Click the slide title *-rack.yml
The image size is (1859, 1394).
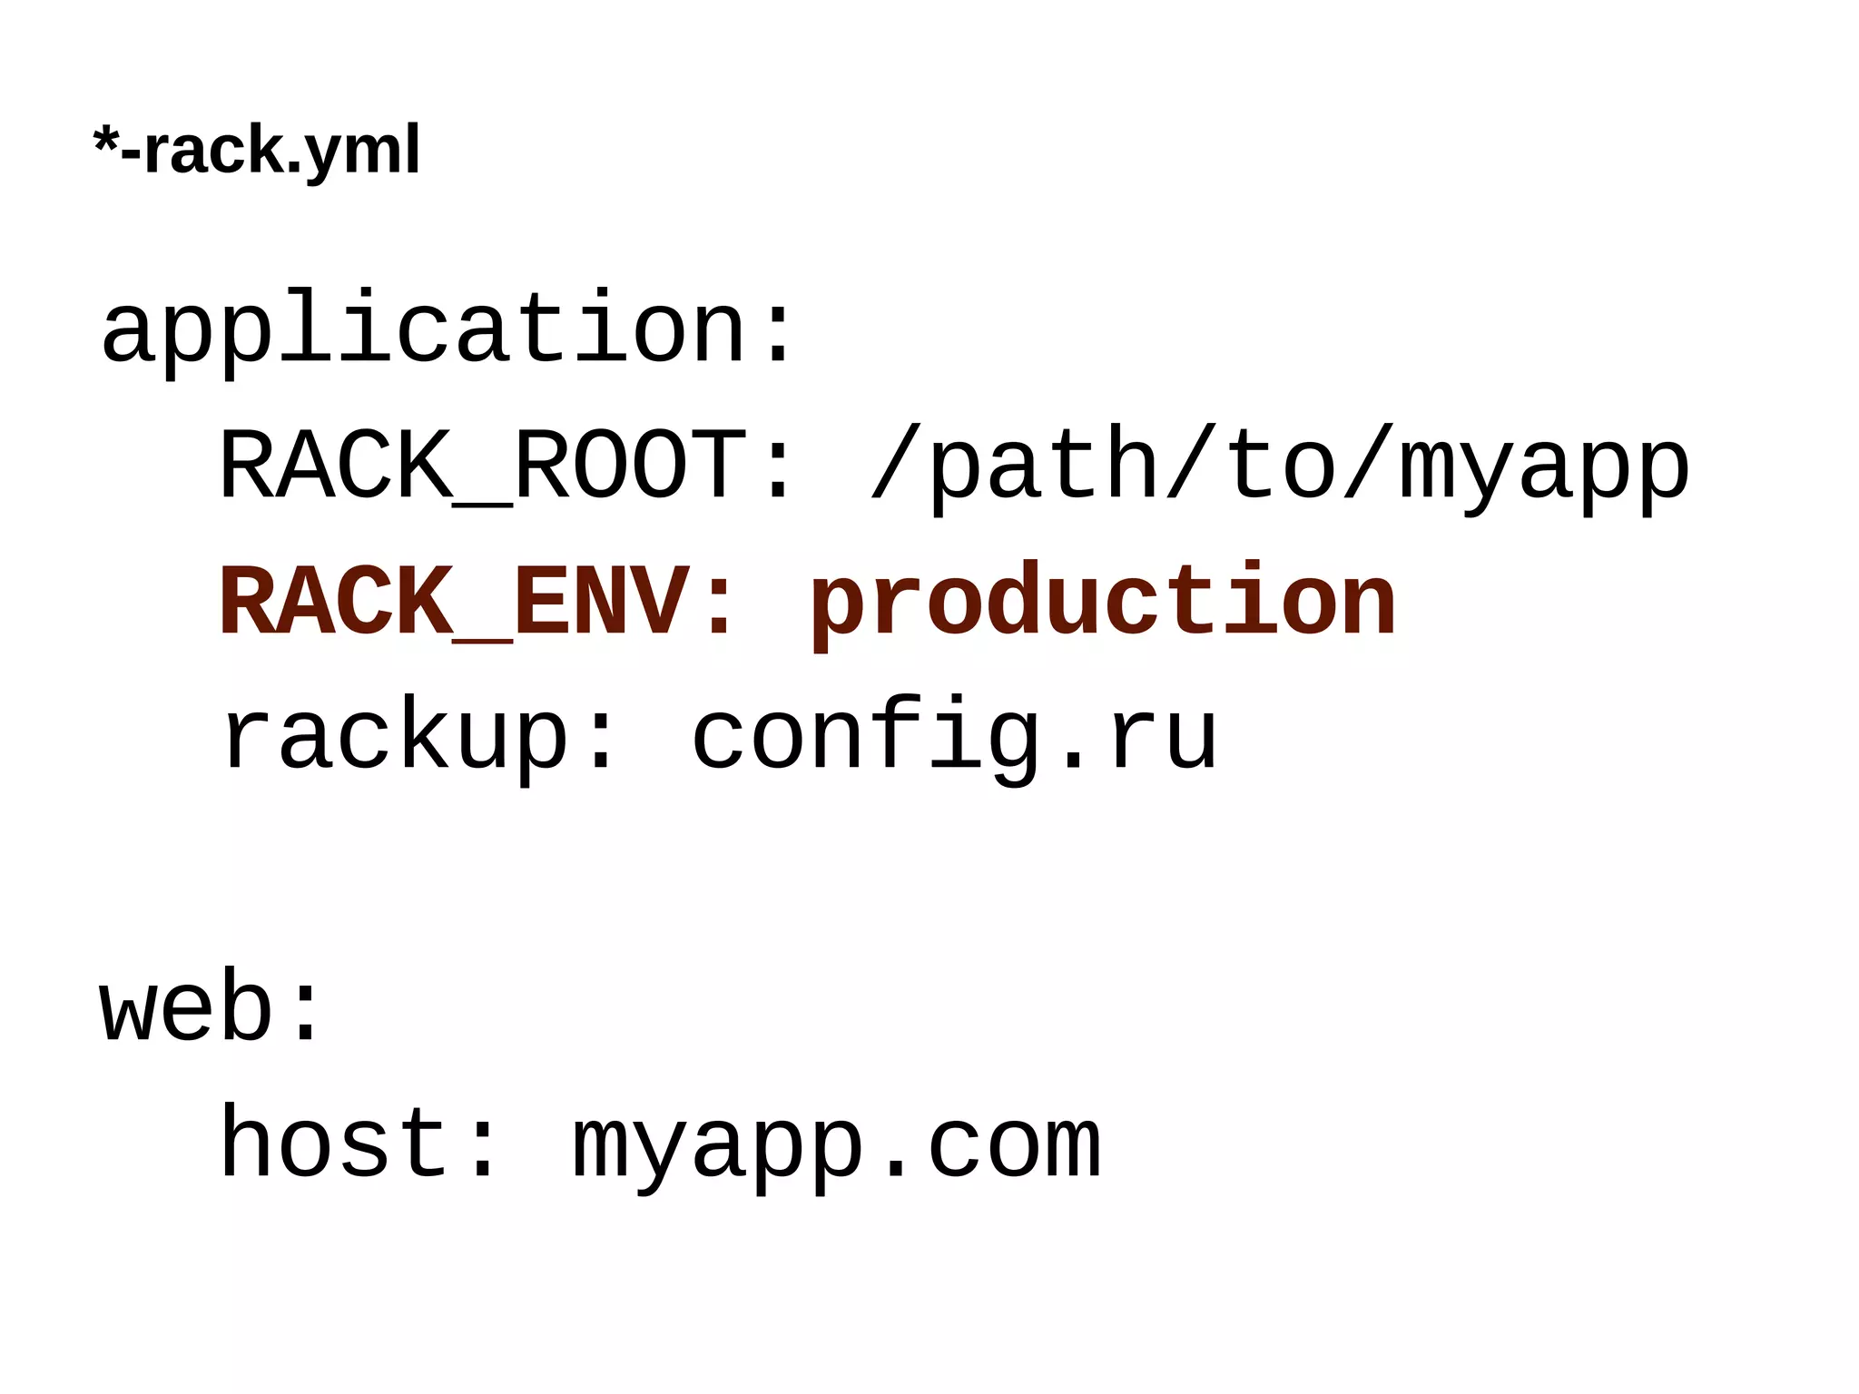point(257,151)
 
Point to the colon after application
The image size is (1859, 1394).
point(779,332)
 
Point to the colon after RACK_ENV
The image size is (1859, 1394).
point(720,604)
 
